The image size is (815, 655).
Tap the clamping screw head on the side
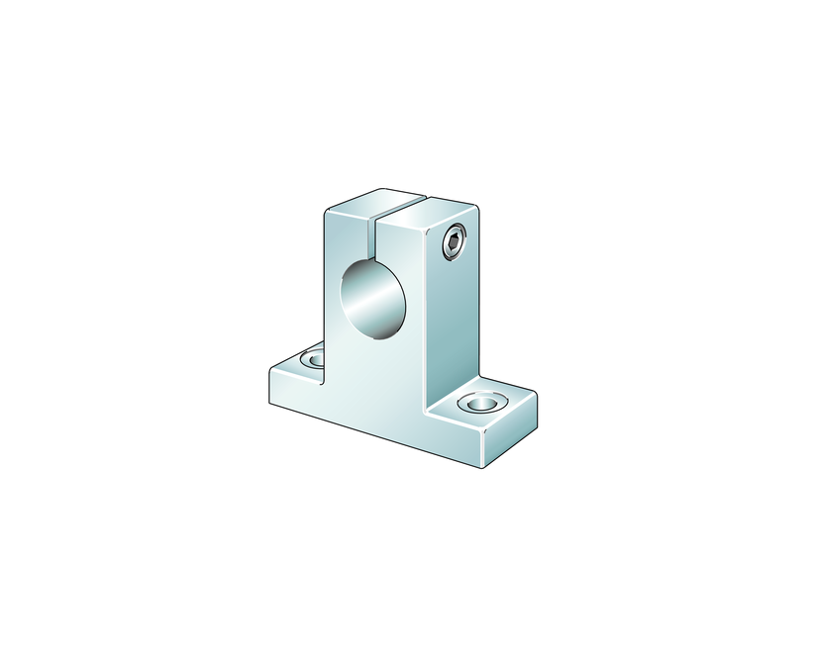click(455, 242)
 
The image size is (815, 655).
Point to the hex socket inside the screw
click(455, 242)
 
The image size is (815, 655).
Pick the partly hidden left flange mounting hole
click(314, 357)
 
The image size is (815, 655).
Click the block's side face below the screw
click(453, 317)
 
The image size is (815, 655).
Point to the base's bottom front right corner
click(485, 466)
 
